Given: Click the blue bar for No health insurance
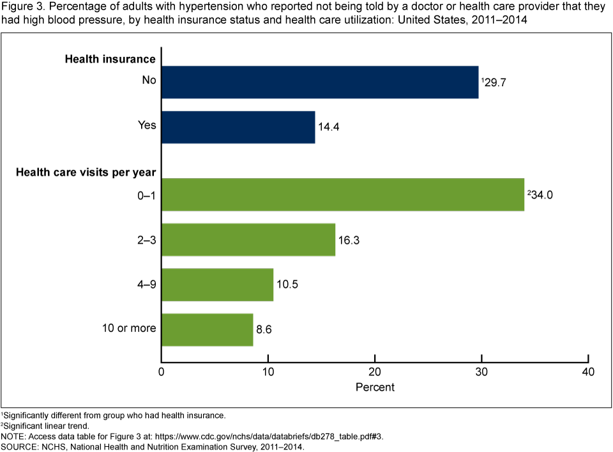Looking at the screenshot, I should tap(319, 82).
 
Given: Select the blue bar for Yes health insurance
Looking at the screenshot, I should tap(238, 127).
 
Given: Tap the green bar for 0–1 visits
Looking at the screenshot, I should tap(342, 194).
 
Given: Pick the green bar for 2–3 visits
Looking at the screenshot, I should tap(248, 239).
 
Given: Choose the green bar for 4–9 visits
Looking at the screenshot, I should tap(217, 285).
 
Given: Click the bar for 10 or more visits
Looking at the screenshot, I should tap(207, 329).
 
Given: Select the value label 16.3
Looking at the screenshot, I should tap(349, 241).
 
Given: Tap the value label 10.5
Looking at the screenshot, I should tap(287, 285).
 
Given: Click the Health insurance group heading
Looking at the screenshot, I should tap(110, 59).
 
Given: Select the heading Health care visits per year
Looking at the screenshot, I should tap(86, 172).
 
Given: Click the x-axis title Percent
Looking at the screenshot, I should tap(375, 388).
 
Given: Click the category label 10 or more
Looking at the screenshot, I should tap(130, 329).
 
